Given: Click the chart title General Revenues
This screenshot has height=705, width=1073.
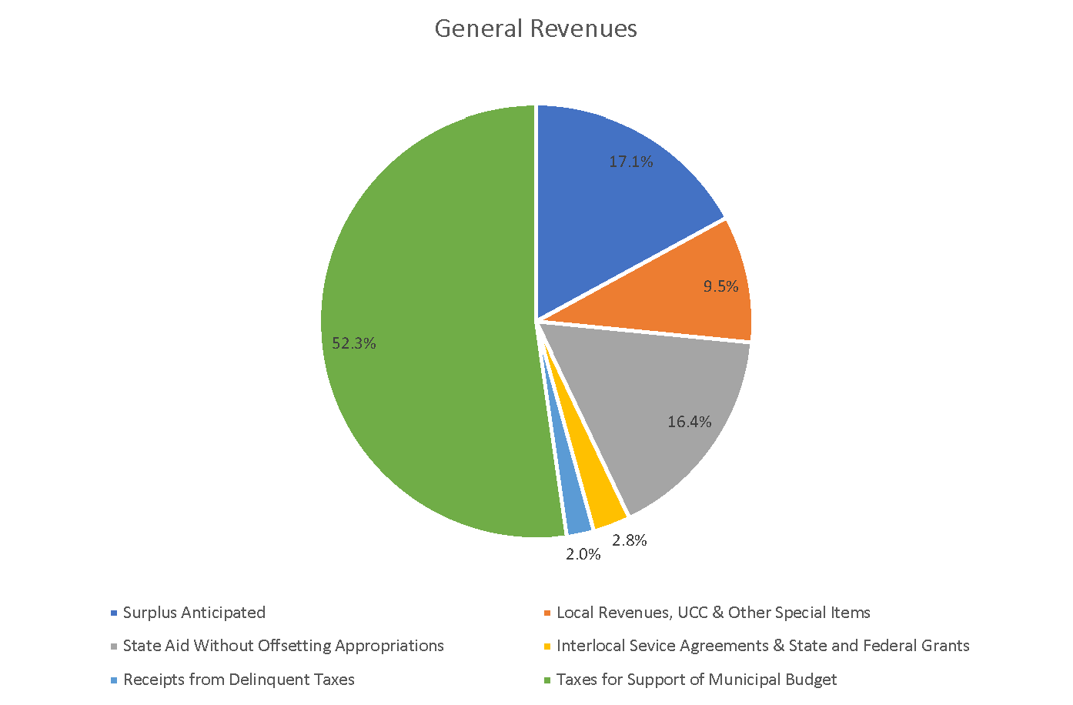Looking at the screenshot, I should point(536,28).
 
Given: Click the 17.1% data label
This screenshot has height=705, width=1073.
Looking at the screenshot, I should point(630,162).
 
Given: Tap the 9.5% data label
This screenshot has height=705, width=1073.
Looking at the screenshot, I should point(720,286).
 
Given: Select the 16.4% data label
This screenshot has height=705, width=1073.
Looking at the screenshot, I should point(689,422).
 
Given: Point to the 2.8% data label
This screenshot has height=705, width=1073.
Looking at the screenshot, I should point(629,540).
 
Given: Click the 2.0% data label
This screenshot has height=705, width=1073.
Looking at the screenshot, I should point(583,554).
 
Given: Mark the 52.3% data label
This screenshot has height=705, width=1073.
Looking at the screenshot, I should point(353,343).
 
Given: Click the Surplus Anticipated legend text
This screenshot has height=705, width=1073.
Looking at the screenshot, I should point(194,613).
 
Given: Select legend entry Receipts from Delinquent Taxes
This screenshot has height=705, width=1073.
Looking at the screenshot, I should point(239,680).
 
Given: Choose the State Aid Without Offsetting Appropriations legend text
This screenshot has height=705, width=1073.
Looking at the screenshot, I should point(283,646).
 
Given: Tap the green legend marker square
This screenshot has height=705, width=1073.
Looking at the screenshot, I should point(547,680).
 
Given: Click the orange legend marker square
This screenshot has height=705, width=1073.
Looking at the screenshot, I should point(547,613).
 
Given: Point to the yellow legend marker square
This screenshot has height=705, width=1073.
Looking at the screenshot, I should point(547,647).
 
